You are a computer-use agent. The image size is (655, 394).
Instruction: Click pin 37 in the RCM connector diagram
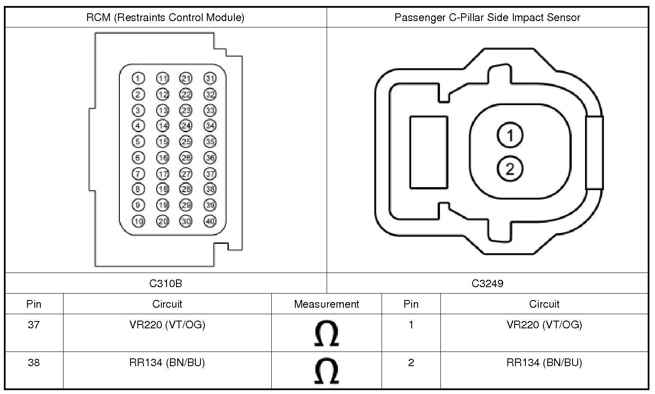pyautogui.click(x=210, y=173)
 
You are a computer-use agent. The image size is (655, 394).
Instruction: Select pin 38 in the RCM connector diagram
pyautogui.click(x=210, y=189)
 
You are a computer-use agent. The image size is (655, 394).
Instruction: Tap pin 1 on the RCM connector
pyautogui.click(x=138, y=78)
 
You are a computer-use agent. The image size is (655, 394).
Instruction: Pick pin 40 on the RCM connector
pyautogui.click(x=210, y=221)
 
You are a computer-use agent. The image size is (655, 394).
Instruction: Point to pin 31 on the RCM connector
pyautogui.click(x=210, y=78)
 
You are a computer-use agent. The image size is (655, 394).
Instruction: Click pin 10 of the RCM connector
pyautogui.click(x=138, y=221)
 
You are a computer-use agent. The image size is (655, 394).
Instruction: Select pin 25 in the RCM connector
pyautogui.click(x=185, y=142)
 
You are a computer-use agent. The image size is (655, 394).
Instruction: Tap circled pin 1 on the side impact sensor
pyautogui.click(x=510, y=136)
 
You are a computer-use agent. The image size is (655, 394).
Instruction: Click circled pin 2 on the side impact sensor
pyautogui.click(x=510, y=169)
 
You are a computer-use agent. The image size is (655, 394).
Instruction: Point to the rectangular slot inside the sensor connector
pyautogui.click(x=428, y=152)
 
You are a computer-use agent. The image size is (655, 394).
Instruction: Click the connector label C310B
pyautogui.click(x=166, y=283)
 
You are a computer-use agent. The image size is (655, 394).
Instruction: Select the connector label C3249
pyautogui.click(x=487, y=283)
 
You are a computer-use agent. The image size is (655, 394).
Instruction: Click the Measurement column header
pyautogui.click(x=326, y=304)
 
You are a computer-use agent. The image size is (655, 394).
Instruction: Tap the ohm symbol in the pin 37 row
pyautogui.click(x=326, y=333)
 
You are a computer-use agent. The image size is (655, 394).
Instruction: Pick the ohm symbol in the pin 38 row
pyautogui.click(x=326, y=371)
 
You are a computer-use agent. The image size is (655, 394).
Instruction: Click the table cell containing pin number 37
pyautogui.click(x=34, y=325)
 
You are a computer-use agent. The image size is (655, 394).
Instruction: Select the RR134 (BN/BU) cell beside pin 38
pyautogui.click(x=167, y=363)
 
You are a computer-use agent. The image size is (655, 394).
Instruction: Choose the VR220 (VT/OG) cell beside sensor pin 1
pyautogui.click(x=544, y=325)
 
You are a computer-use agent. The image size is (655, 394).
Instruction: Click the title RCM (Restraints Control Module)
pyautogui.click(x=165, y=18)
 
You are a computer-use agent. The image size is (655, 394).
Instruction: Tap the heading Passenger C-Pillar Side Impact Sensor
pyautogui.click(x=487, y=18)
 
